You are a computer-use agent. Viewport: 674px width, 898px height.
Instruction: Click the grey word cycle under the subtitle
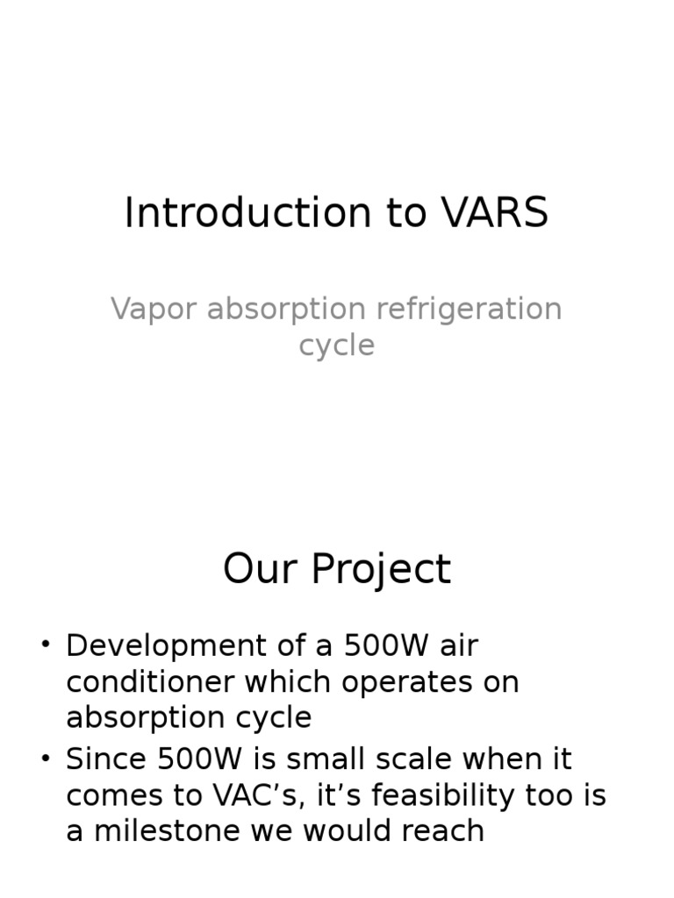pyautogui.click(x=336, y=345)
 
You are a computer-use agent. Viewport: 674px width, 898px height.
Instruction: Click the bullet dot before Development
pyautogui.click(x=46, y=645)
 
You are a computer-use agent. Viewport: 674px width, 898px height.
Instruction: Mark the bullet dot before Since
pyautogui.click(x=46, y=759)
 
